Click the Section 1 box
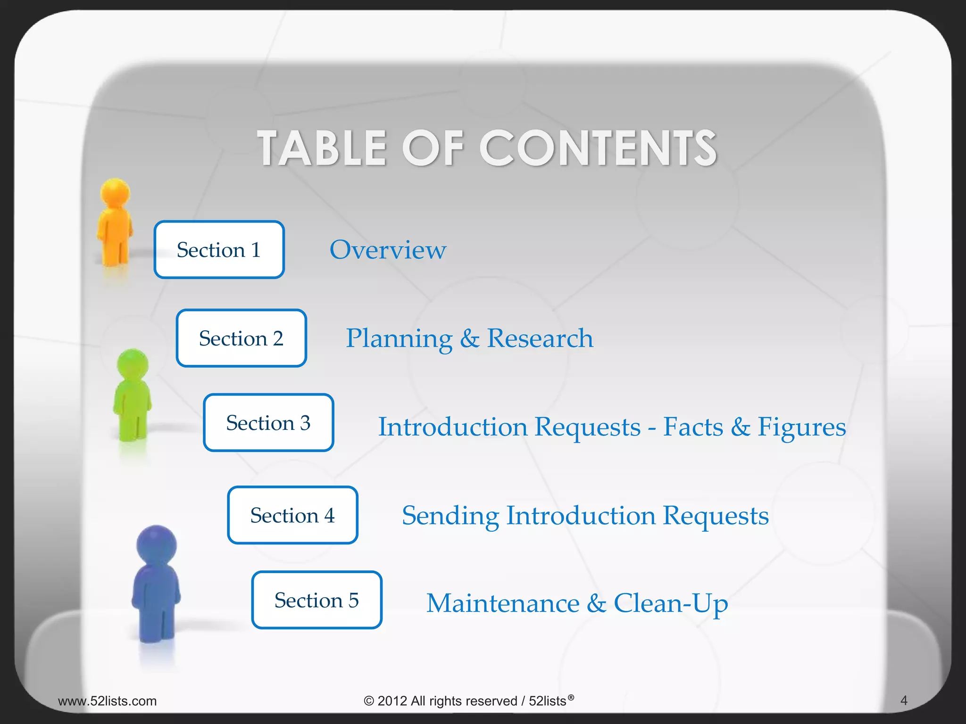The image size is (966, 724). click(219, 250)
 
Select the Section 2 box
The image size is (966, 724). click(241, 338)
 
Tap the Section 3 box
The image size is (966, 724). click(268, 423)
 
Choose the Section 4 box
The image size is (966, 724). click(292, 515)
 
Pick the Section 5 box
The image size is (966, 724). click(316, 600)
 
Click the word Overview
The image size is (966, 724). click(388, 250)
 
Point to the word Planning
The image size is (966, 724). click(399, 339)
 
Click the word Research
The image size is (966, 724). click(540, 338)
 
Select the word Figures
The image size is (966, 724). click(801, 427)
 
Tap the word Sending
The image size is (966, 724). click(450, 516)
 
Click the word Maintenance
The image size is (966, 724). click(503, 603)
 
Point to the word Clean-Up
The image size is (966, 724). click(671, 604)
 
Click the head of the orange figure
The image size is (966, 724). click(115, 192)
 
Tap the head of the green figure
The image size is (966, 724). click(133, 363)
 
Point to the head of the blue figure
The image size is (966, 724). click(157, 544)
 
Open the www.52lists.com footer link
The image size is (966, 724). click(107, 701)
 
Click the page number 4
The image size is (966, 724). click(904, 700)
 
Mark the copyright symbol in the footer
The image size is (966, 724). click(368, 701)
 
